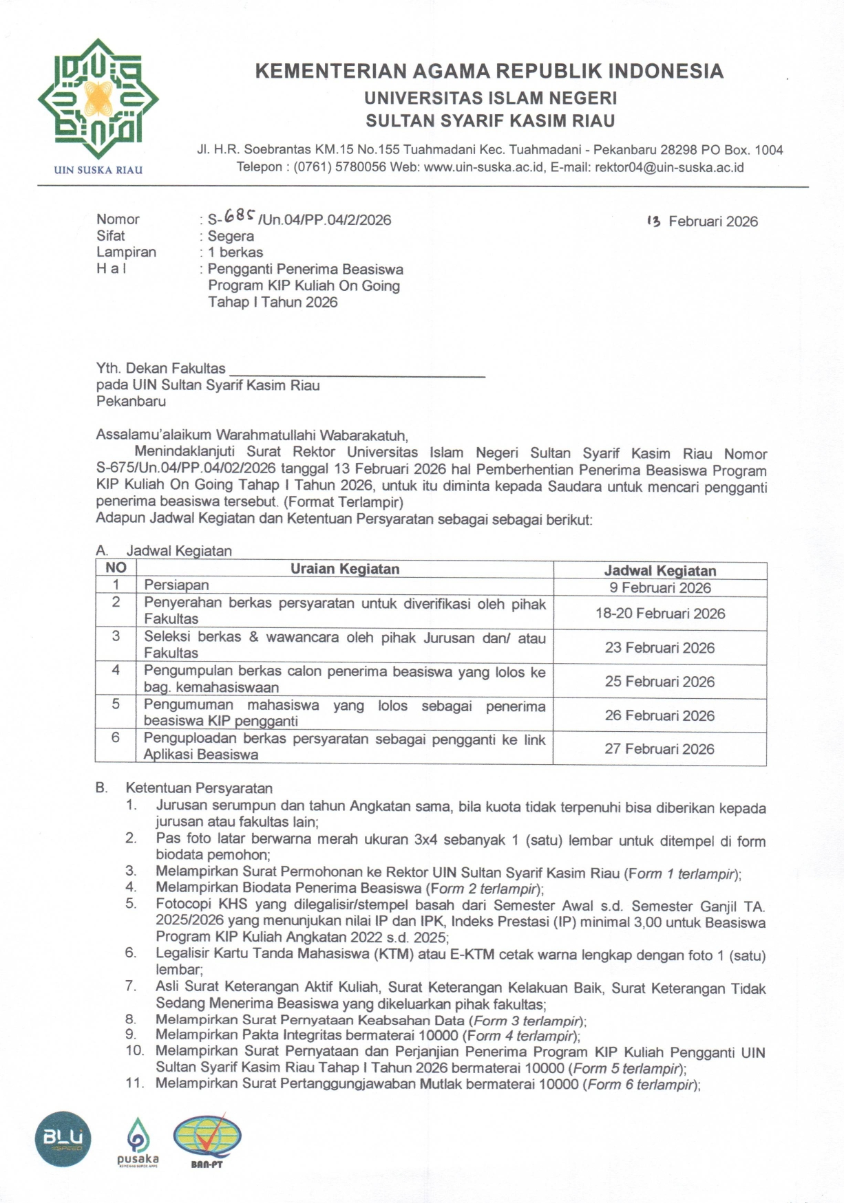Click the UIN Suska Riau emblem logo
[x=98, y=100]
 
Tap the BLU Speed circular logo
[x=63, y=1139]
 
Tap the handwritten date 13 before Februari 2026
[x=654, y=221]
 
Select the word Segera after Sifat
[x=231, y=236]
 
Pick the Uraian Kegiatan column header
[x=344, y=569]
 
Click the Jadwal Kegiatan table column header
[x=660, y=571]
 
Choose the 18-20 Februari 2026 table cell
[x=660, y=614]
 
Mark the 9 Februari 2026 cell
[x=660, y=588]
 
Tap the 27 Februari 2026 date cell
[x=660, y=749]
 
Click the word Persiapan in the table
[x=176, y=585]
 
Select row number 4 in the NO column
[x=116, y=670]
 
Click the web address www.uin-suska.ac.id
[x=485, y=167]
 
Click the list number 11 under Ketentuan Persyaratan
[x=135, y=1083]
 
